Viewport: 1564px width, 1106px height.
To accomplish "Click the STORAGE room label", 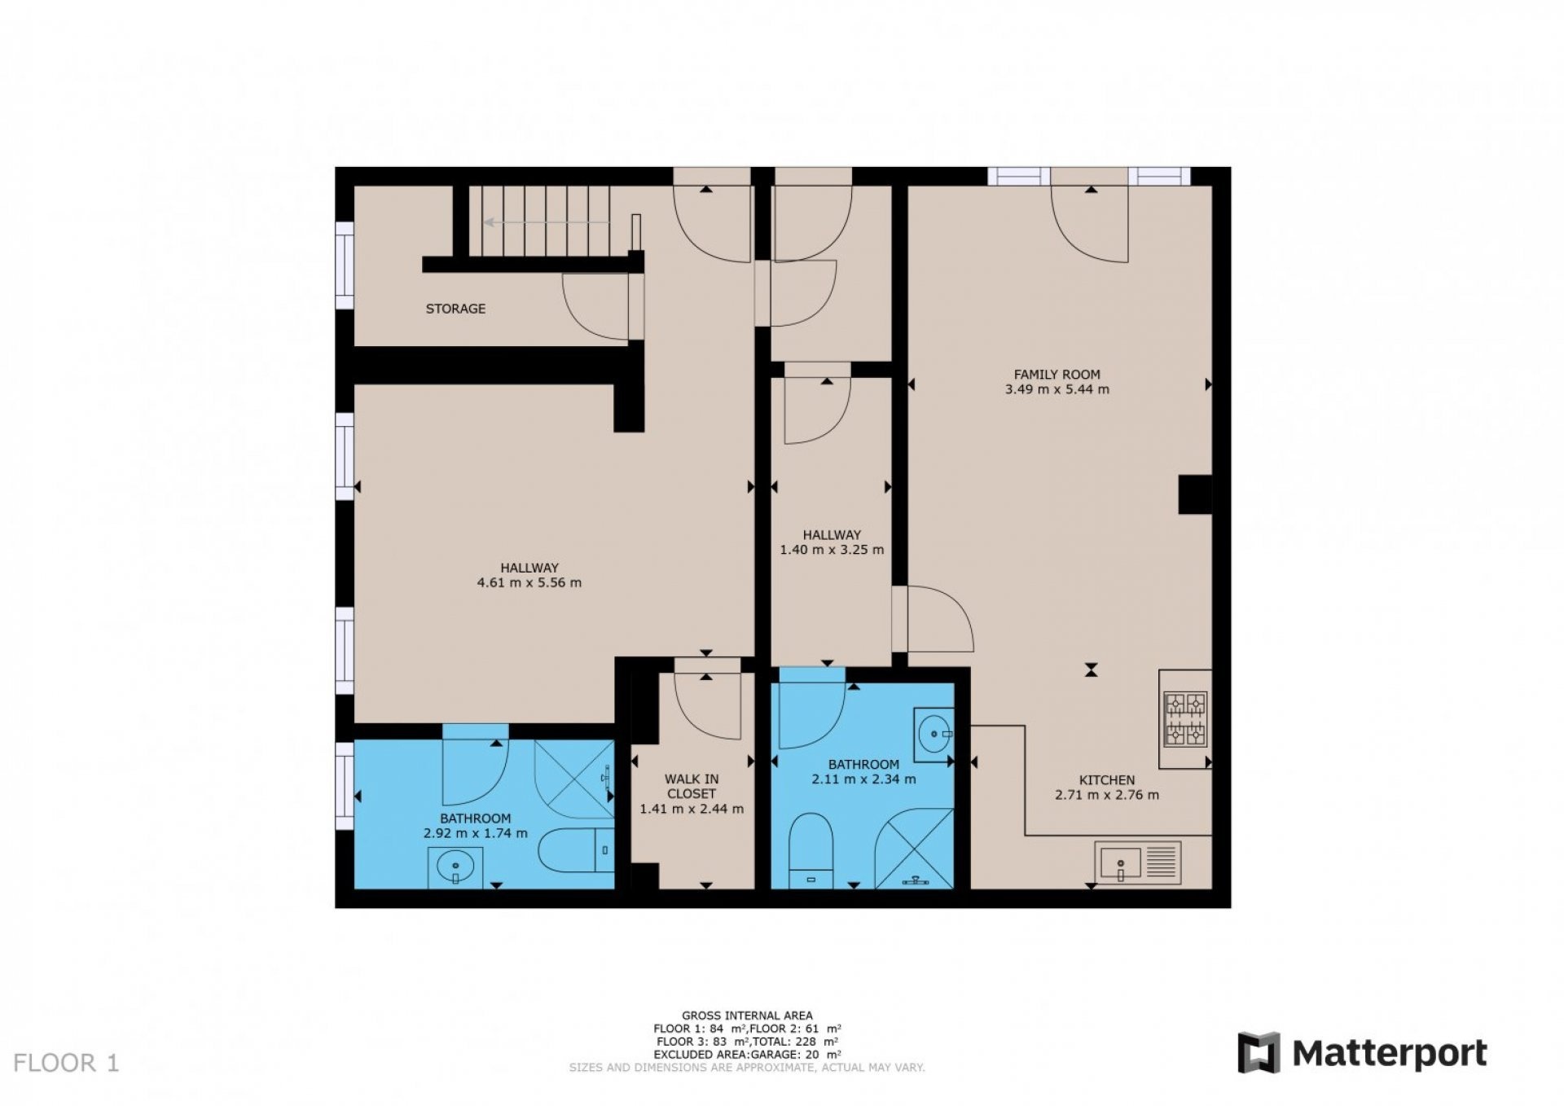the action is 455,309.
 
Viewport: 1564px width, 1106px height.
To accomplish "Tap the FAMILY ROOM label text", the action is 1057,375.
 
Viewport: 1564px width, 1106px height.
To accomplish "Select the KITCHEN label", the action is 1107,779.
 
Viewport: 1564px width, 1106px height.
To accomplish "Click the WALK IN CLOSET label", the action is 692,786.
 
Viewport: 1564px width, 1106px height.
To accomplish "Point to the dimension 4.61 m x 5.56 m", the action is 529,582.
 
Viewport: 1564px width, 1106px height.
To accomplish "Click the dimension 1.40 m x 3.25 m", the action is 832,549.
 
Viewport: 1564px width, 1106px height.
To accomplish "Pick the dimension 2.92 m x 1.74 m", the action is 476,833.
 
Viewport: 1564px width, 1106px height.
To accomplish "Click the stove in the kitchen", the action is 1185,719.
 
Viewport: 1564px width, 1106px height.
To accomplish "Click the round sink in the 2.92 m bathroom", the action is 455,867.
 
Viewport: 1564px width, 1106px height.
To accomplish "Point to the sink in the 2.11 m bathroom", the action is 934,734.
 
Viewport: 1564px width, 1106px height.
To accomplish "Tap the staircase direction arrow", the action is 547,222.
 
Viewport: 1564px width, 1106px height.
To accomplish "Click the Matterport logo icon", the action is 1258,1053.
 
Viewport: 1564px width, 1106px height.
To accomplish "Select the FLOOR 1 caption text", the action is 67,1063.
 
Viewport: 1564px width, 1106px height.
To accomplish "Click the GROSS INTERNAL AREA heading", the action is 747,1016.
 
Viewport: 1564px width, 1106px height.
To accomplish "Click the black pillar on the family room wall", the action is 1195,495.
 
